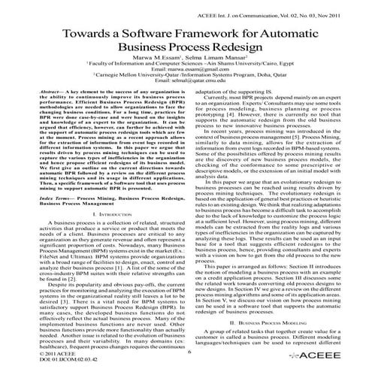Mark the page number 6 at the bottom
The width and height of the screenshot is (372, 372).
tap(186, 353)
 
